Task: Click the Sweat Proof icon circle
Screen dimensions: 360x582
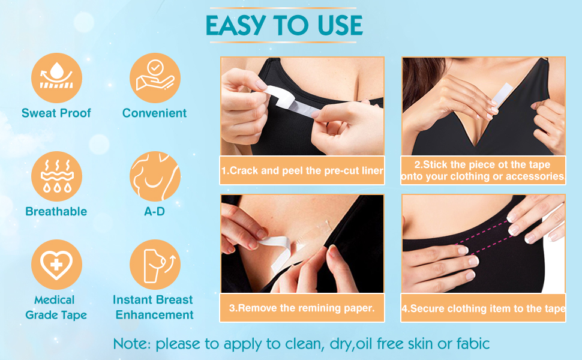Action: click(x=57, y=78)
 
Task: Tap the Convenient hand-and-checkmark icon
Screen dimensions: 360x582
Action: click(x=155, y=78)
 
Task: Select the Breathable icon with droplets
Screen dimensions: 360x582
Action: click(x=57, y=176)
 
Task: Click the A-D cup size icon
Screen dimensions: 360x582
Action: click(x=155, y=176)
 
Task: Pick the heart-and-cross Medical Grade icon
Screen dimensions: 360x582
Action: click(x=57, y=265)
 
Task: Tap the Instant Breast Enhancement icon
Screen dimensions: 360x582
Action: click(x=155, y=265)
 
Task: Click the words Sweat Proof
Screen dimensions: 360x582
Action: click(x=56, y=113)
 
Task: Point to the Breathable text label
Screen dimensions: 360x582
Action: click(x=56, y=211)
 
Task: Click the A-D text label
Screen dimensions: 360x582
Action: click(x=155, y=211)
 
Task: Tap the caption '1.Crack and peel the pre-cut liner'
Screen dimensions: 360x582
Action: click(x=302, y=170)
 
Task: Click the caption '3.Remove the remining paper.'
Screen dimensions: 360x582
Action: click(x=302, y=308)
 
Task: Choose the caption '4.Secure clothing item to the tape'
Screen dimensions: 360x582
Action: click(x=484, y=308)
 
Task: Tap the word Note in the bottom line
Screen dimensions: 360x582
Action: click(x=131, y=344)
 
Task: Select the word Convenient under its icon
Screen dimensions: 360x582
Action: click(x=155, y=113)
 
